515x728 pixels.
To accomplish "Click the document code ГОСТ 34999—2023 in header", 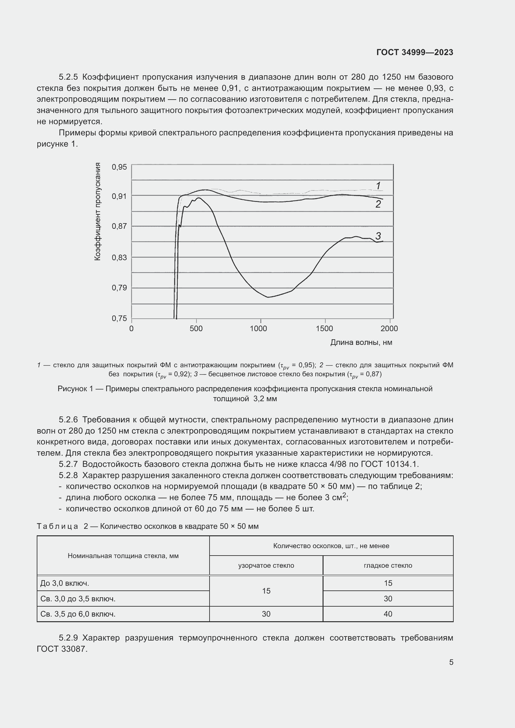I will point(414,52).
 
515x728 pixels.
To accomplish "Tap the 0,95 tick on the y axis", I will point(119,167).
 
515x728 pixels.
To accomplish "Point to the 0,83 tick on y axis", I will point(119,257).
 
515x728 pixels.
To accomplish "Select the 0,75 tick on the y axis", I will point(119,318).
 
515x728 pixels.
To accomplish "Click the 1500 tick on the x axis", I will point(324,328).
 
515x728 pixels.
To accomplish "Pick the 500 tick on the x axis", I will point(196,328).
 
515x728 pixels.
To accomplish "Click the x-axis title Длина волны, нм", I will point(361,342).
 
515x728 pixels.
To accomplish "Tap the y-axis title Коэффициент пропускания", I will point(98,211).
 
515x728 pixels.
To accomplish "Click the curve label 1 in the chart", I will point(378,186).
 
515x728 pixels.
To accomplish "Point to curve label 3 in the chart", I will point(378,236).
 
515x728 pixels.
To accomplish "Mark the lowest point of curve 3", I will point(268,297).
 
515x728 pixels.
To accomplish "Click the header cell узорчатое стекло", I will point(266,565).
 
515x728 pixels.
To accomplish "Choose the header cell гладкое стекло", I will point(388,565).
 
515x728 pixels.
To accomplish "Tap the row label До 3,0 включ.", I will point(65,583).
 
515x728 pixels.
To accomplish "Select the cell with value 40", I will point(388,614).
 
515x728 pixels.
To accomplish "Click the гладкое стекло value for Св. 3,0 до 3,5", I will point(388,599).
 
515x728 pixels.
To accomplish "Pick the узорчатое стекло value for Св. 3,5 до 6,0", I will point(266,614).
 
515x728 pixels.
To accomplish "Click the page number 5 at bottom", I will point(451,662).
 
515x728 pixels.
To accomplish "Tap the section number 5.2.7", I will point(68,464).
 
